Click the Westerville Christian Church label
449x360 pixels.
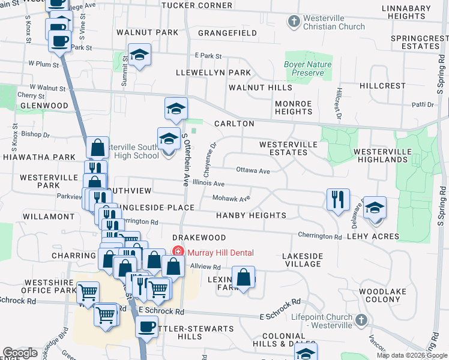click(x=334, y=23)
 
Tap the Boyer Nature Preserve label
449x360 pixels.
click(x=307, y=68)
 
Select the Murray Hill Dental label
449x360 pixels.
click(x=220, y=253)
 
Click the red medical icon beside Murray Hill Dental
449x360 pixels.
click(x=178, y=253)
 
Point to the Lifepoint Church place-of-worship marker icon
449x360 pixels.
click(x=360, y=320)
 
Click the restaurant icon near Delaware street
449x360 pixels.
click(x=338, y=199)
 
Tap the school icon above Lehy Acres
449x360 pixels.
click(x=375, y=208)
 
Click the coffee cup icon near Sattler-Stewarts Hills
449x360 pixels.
click(x=146, y=327)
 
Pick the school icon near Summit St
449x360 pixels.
click(x=139, y=55)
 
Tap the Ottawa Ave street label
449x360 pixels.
click(x=252, y=170)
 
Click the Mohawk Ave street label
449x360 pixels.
click(x=231, y=199)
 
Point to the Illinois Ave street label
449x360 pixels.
click(x=208, y=184)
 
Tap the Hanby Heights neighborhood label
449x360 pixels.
click(x=251, y=215)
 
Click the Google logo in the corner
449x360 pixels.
click(x=20, y=353)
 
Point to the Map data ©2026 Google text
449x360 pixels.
click(x=411, y=355)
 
